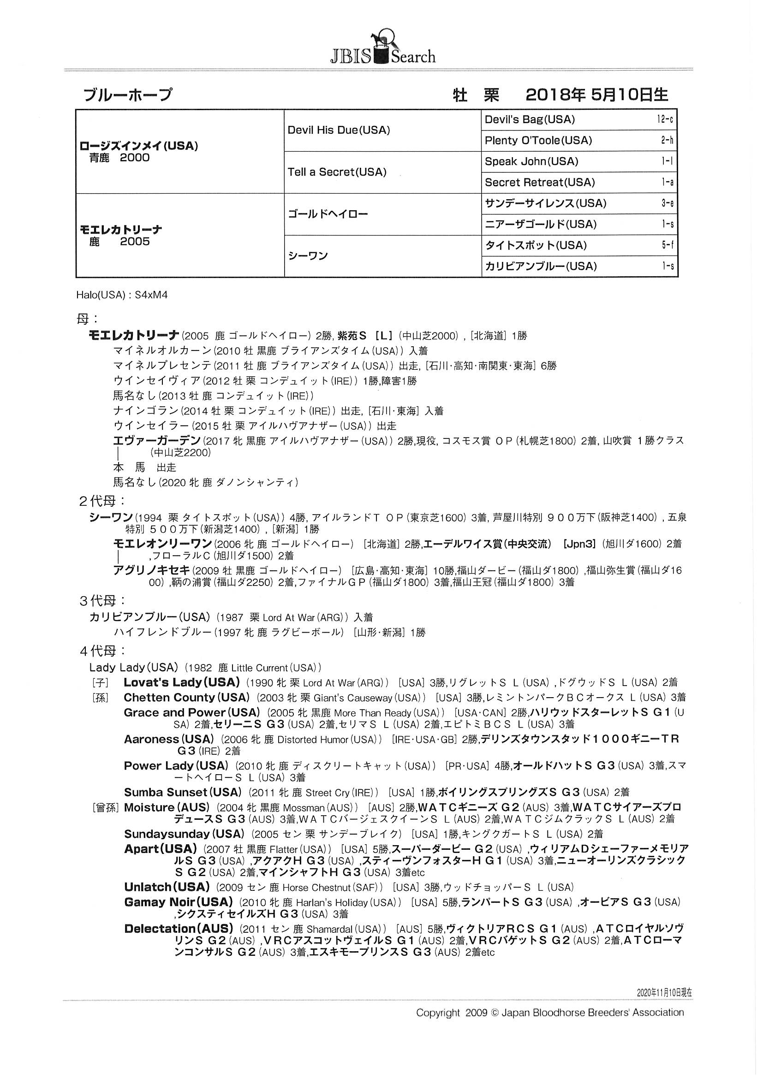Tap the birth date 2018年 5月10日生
pos(596,95)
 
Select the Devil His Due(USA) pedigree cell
pos(339,130)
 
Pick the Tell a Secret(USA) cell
pos(337,172)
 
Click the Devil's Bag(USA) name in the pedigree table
pos(530,119)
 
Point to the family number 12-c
pos(665,119)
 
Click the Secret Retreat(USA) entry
pos(540,182)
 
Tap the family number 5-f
pos(667,245)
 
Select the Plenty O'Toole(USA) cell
pos(538,140)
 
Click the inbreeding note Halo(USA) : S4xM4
pos(122,295)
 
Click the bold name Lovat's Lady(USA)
pos(182,682)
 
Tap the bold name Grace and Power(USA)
pos(192,712)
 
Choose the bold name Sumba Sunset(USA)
pos(182,792)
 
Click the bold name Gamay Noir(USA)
pos(179,902)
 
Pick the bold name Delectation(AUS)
pos(179,928)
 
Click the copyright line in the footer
pos(550,1013)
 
